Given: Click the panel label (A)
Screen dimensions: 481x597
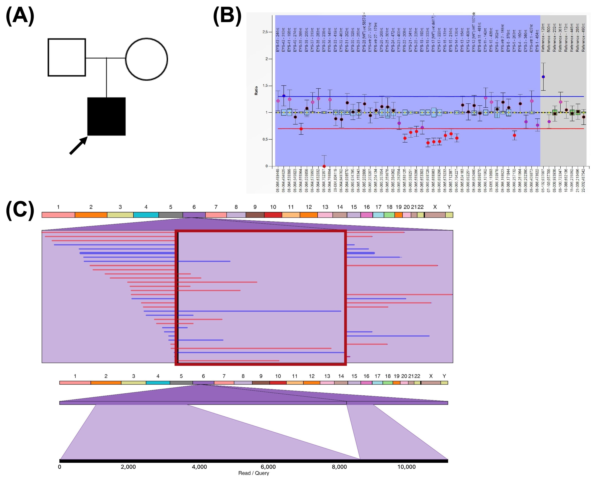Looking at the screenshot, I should click(x=20, y=16).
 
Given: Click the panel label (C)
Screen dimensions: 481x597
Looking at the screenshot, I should click(x=20, y=210).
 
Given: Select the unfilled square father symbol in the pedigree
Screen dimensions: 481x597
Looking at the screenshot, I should click(x=67, y=57).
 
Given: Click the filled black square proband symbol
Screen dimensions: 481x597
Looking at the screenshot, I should click(x=106, y=116).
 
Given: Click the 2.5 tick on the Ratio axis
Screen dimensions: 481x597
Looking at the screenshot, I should click(x=265, y=32).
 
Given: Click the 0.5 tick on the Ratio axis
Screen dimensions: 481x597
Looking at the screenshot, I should click(x=265, y=139).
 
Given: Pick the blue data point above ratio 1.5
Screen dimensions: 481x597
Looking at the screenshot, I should click(x=543, y=77).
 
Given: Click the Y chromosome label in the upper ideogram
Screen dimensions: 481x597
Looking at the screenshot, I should click(x=449, y=207).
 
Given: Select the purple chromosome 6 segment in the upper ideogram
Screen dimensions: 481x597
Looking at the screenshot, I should click(x=194, y=215).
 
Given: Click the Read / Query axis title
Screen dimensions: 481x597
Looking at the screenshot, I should click(x=254, y=473).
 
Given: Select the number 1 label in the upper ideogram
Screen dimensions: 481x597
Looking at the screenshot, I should click(x=58, y=207).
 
